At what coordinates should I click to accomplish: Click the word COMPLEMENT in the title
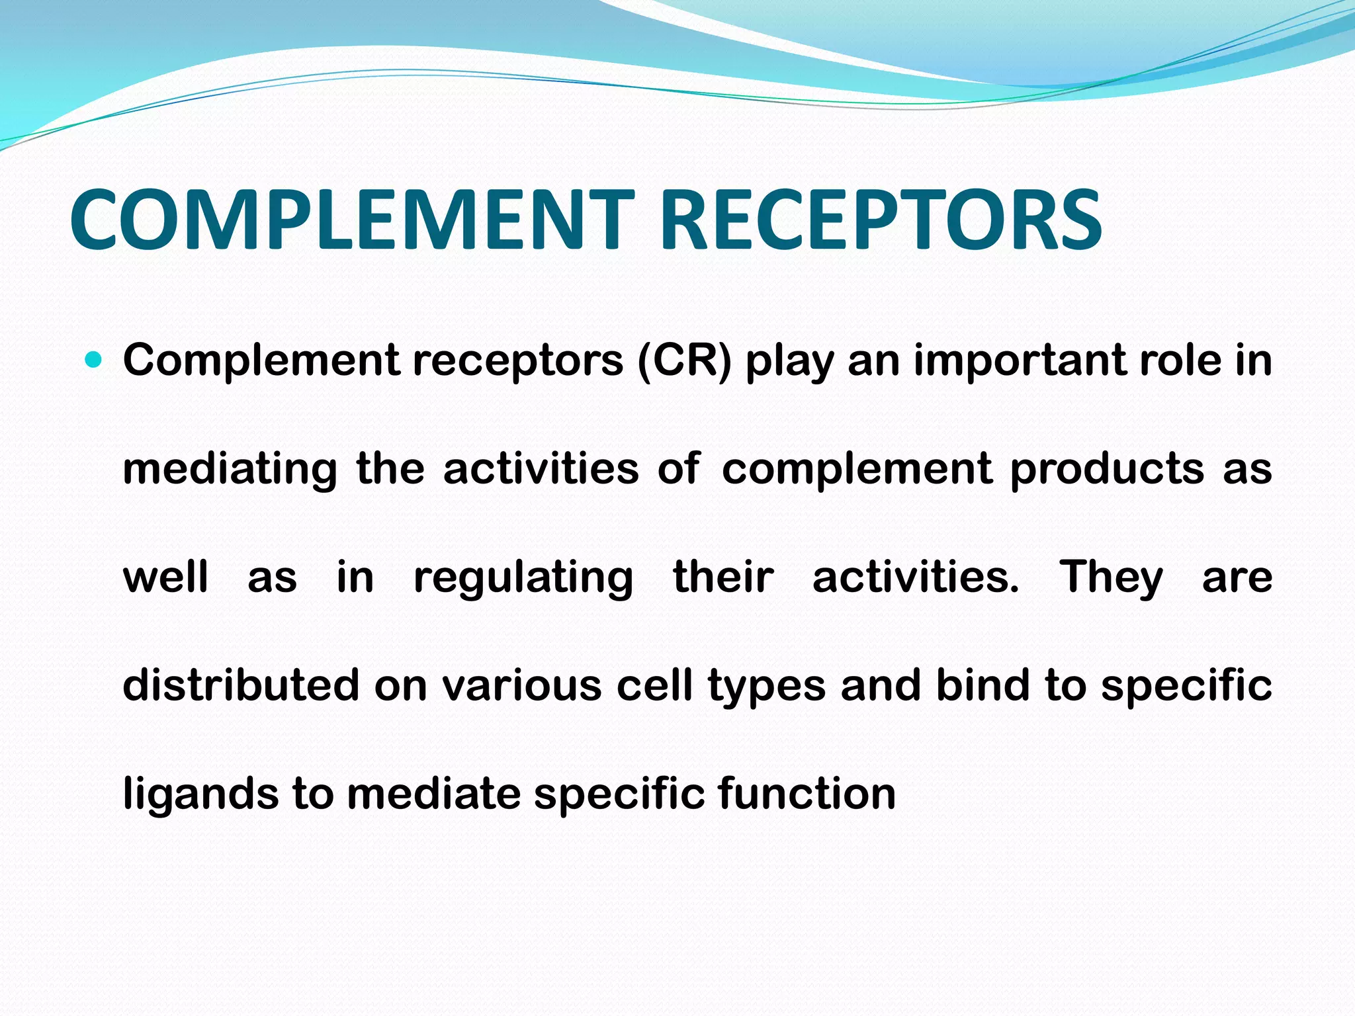pyautogui.click(x=351, y=220)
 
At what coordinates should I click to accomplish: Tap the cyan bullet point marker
pyautogui.click(x=94, y=360)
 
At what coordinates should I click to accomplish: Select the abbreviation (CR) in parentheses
pyautogui.click(x=685, y=360)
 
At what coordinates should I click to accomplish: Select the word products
pyautogui.click(x=1107, y=470)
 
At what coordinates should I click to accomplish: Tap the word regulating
pyautogui.click(x=523, y=578)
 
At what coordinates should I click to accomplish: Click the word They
pyautogui.click(x=1112, y=578)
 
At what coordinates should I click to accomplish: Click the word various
pyautogui.click(x=522, y=685)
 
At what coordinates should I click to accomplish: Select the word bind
pyautogui.click(x=983, y=685)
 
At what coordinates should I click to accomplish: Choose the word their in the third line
pyautogui.click(x=723, y=577)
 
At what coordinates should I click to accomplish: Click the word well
pyautogui.click(x=165, y=577)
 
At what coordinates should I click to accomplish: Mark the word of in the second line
pyautogui.click(x=679, y=468)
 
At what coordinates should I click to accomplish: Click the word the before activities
pyautogui.click(x=390, y=468)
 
